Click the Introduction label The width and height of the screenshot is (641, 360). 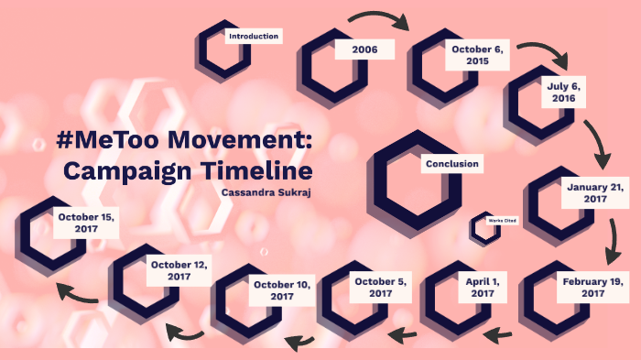tap(254, 36)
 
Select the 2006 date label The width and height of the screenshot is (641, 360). tap(364, 49)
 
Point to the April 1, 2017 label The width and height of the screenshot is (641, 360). tap(482, 287)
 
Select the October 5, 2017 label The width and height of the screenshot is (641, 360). tap(380, 287)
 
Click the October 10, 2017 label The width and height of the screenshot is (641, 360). tap(282, 290)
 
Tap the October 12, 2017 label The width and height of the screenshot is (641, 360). tap(179, 270)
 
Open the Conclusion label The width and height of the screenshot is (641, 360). tap(451, 165)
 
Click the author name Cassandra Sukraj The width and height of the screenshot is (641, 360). tap(266, 192)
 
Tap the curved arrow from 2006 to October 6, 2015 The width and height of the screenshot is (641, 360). tap(376, 17)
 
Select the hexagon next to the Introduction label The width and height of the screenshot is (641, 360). tap(220, 50)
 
